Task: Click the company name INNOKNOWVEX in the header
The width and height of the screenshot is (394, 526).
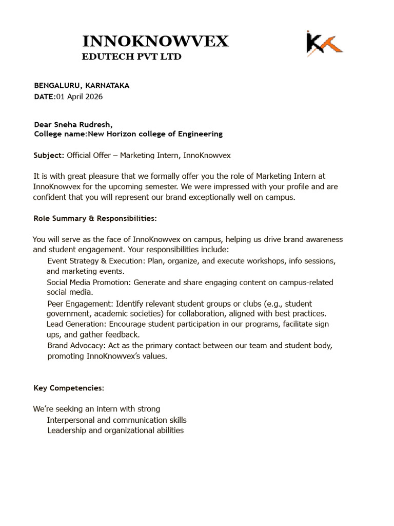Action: (155, 41)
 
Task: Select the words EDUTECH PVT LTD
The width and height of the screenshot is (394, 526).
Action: (132, 57)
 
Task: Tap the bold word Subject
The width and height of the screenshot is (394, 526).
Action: (48, 155)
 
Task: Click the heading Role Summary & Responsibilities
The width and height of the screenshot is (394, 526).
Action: (95, 218)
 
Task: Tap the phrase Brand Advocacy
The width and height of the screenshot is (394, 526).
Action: (74, 346)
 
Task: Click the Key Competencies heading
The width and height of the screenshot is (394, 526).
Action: (69, 387)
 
